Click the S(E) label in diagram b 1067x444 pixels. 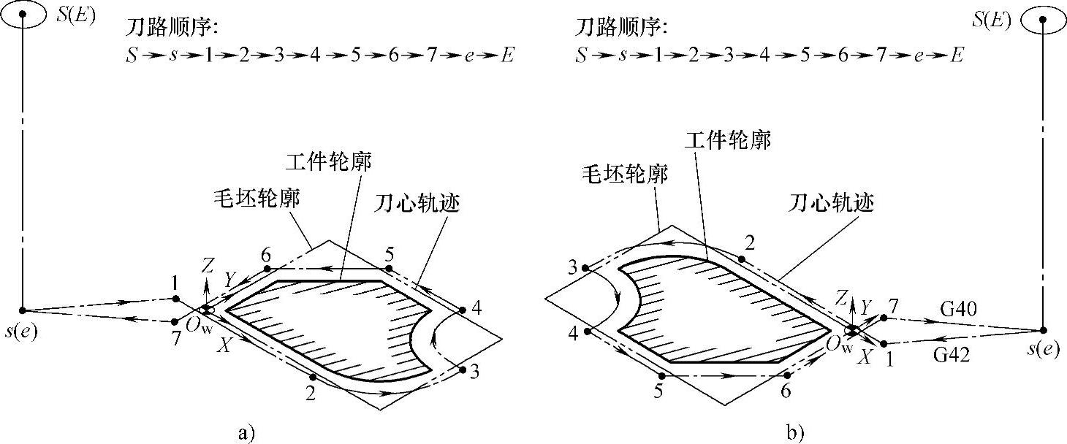point(991,20)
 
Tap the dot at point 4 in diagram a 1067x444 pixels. point(463,311)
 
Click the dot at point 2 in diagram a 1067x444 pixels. point(313,377)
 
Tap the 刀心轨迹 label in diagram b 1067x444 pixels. point(833,202)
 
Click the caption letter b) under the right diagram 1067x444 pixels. point(795,433)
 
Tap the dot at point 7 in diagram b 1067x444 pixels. point(884,318)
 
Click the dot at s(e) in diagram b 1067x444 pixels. point(1043,330)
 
